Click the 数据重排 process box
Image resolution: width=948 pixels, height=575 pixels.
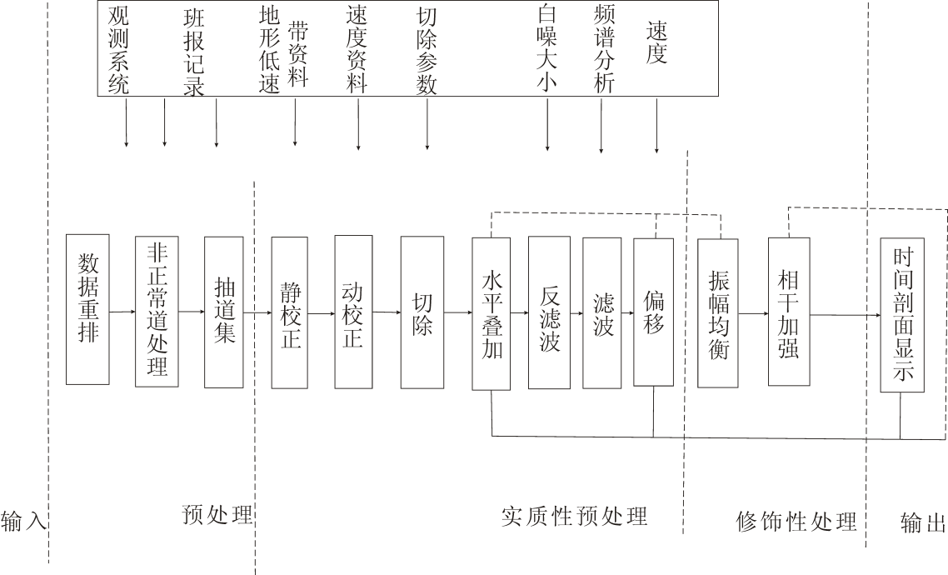coord(88,310)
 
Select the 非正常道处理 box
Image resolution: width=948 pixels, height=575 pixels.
coord(157,310)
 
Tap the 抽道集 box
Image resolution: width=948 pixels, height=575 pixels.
coord(224,312)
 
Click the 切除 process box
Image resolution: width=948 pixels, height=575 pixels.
coord(422,312)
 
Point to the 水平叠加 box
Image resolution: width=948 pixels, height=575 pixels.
coord(491,313)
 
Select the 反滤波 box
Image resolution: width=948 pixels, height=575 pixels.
coord(549,313)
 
